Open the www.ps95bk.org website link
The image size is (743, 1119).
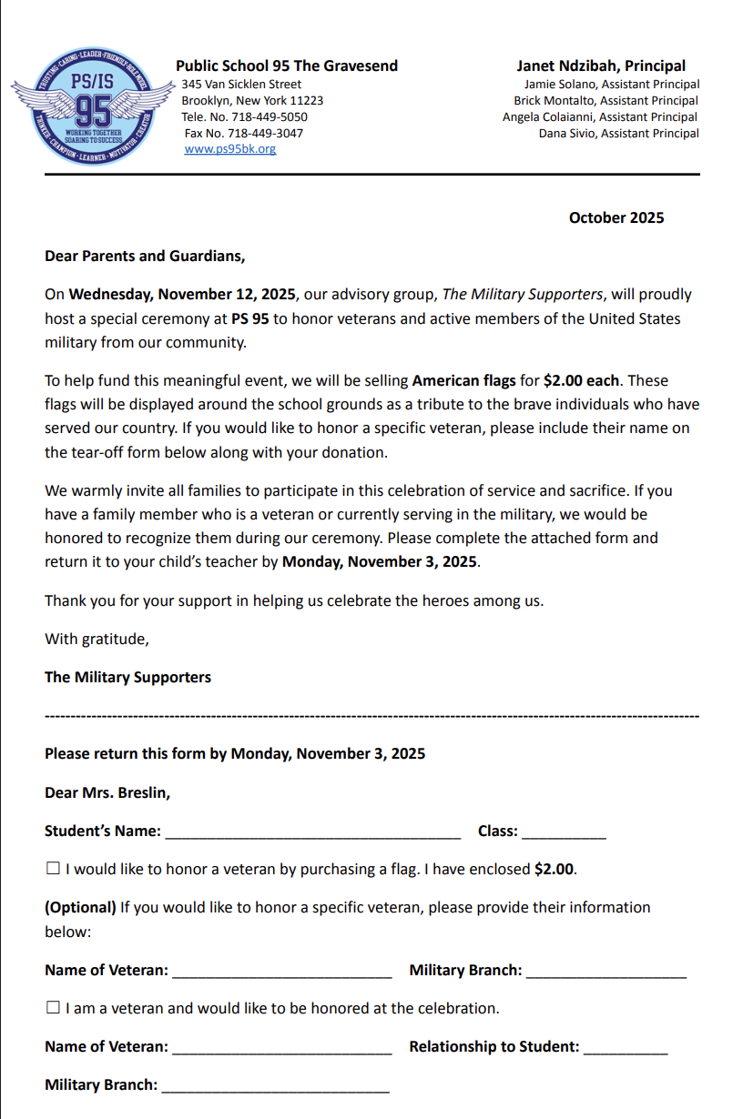pyautogui.click(x=229, y=149)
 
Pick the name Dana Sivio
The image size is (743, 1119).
pyautogui.click(x=566, y=134)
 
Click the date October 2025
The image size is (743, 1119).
pyautogui.click(x=616, y=218)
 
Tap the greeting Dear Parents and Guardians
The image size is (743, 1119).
pyautogui.click(x=145, y=257)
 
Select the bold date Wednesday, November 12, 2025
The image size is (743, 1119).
pyautogui.click(x=182, y=295)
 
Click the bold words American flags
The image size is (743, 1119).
pyautogui.click(x=463, y=380)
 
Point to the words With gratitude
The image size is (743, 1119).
pyautogui.click(x=97, y=640)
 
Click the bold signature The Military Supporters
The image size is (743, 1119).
pyautogui.click(x=127, y=678)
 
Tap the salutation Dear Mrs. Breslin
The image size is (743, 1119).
pyautogui.click(x=107, y=793)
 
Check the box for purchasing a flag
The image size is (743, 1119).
pyautogui.click(x=53, y=869)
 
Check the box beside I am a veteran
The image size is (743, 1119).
pyautogui.click(x=53, y=1008)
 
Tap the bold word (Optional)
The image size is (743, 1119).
pyautogui.click(x=80, y=908)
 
